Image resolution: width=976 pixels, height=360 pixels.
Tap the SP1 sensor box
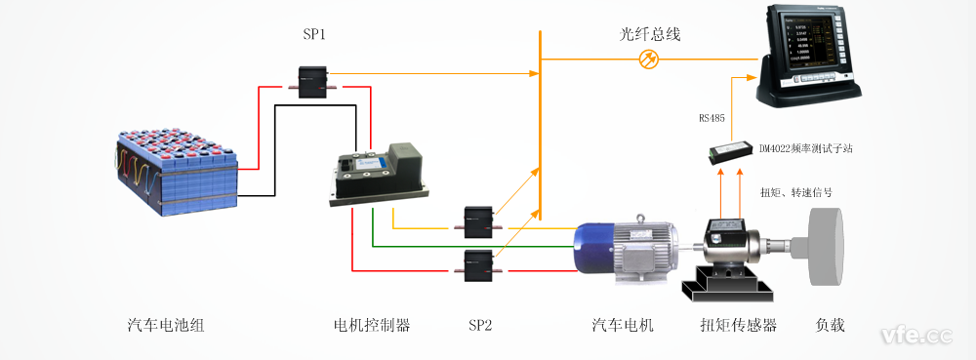coord(315,80)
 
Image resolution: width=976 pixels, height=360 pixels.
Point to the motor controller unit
coord(379,172)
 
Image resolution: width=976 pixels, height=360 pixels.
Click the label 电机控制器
coord(371,326)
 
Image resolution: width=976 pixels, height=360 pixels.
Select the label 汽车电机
coord(623,326)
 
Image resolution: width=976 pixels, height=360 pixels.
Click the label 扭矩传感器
coord(739,326)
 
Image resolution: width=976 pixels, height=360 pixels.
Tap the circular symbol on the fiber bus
coord(647,60)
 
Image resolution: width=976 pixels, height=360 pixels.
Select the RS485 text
coord(712,119)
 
